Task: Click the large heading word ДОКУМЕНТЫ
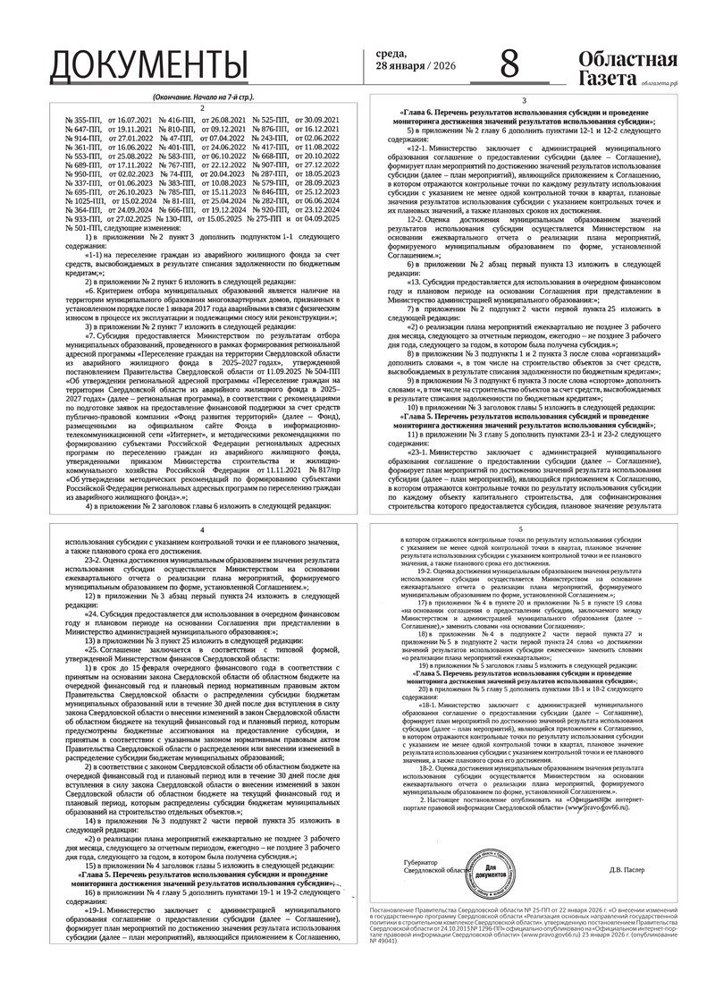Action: (x=148, y=65)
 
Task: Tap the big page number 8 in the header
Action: (x=509, y=64)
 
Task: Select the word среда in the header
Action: (x=390, y=55)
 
